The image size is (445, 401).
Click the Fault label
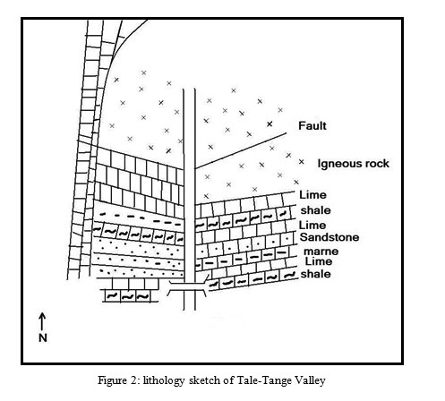coord(312,125)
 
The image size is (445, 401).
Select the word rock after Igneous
coord(377,164)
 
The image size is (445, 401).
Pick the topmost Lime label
coord(312,195)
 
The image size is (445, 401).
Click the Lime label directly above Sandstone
coord(312,225)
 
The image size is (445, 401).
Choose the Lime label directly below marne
coord(319,261)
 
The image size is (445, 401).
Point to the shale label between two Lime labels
coord(315,210)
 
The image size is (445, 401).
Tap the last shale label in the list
coord(315,274)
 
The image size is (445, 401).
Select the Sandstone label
coord(329,237)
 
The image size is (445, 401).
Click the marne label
coord(321,252)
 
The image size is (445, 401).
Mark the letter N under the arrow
coord(43,337)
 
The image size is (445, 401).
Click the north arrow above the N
coord(42,321)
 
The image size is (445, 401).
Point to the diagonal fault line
coord(241,151)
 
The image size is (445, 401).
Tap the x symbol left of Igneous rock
coord(302,162)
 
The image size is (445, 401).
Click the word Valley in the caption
coord(310,381)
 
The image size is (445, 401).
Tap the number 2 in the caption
coord(133,380)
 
